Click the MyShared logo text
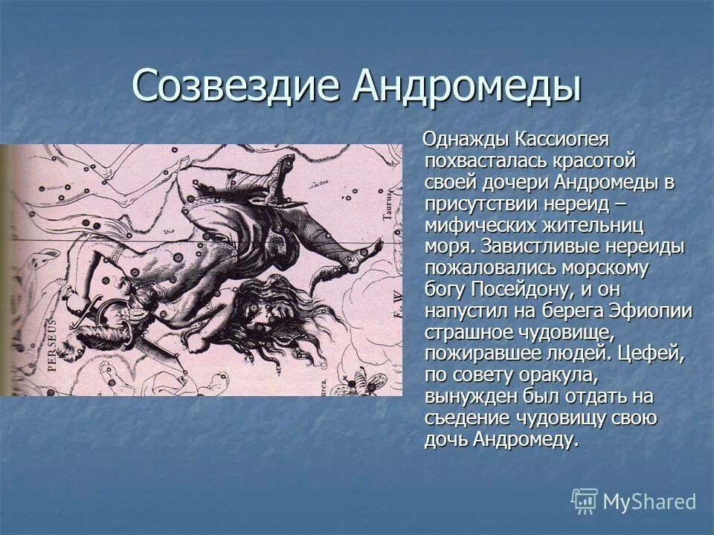pos(649,501)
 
